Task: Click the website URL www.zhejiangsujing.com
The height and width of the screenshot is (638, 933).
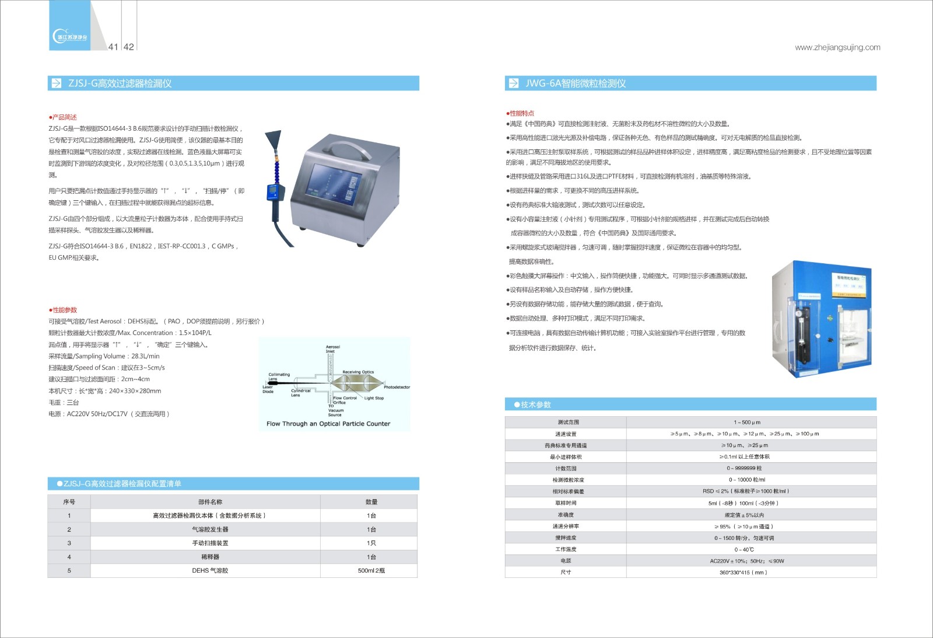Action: coord(837,47)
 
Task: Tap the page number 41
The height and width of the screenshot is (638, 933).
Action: coord(113,47)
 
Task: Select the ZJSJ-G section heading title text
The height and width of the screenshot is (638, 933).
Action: coord(120,83)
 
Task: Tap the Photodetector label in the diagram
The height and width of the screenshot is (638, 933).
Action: coord(397,387)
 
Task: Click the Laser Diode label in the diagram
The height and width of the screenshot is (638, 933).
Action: coord(268,389)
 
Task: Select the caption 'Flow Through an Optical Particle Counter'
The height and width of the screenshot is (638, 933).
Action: coord(328,424)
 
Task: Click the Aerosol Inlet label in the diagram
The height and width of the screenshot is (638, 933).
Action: coord(332,349)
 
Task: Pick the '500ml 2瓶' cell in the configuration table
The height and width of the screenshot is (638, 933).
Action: coord(371,570)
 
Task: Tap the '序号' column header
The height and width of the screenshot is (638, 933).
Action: coord(69,502)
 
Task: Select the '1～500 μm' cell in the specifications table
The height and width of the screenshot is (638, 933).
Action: coord(747,422)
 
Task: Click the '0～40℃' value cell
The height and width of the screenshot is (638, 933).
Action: coord(744,549)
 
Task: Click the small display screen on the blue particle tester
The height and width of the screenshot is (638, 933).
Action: coord(851,284)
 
